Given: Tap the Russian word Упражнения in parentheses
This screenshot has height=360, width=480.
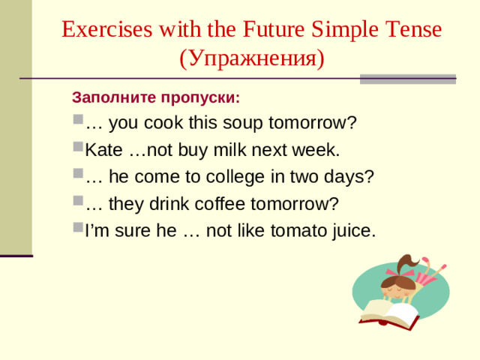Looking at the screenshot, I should click(252, 58).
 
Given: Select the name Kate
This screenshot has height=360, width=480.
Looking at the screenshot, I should click(104, 150).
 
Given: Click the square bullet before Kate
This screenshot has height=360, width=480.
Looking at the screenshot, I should click(79, 149).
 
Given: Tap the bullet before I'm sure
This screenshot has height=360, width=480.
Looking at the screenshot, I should click(79, 229).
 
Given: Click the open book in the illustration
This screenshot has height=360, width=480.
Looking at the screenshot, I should click(390, 310).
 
